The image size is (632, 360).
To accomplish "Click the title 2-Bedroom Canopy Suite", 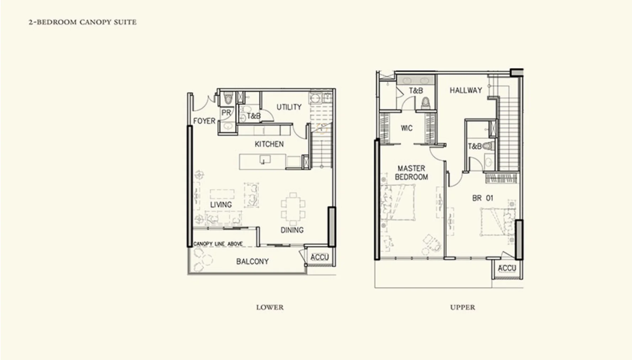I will [x=82, y=22].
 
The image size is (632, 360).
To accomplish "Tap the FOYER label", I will [x=204, y=121].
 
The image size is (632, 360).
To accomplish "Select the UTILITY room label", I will [x=289, y=107].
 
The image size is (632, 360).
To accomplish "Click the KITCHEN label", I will [x=269, y=144].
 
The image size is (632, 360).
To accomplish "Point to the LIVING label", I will [x=221, y=205].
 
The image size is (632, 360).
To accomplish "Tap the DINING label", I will [x=292, y=230].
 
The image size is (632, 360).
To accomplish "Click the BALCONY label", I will [x=252, y=261].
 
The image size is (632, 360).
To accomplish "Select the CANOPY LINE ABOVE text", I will [x=218, y=244].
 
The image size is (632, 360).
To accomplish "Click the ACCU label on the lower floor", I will [x=320, y=257].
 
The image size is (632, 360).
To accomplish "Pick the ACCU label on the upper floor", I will [x=507, y=268].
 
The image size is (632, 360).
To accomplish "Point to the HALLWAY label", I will [x=466, y=90].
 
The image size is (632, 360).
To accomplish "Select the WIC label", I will [x=407, y=128].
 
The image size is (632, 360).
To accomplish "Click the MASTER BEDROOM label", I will [x=411, y=173].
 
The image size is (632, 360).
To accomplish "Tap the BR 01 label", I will [x=482, y=198].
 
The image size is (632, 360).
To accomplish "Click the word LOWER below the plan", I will [x=270, y=307].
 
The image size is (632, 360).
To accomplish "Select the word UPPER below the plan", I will [x=462, y=307].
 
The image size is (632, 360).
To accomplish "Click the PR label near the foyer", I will [x=226, y=113].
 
